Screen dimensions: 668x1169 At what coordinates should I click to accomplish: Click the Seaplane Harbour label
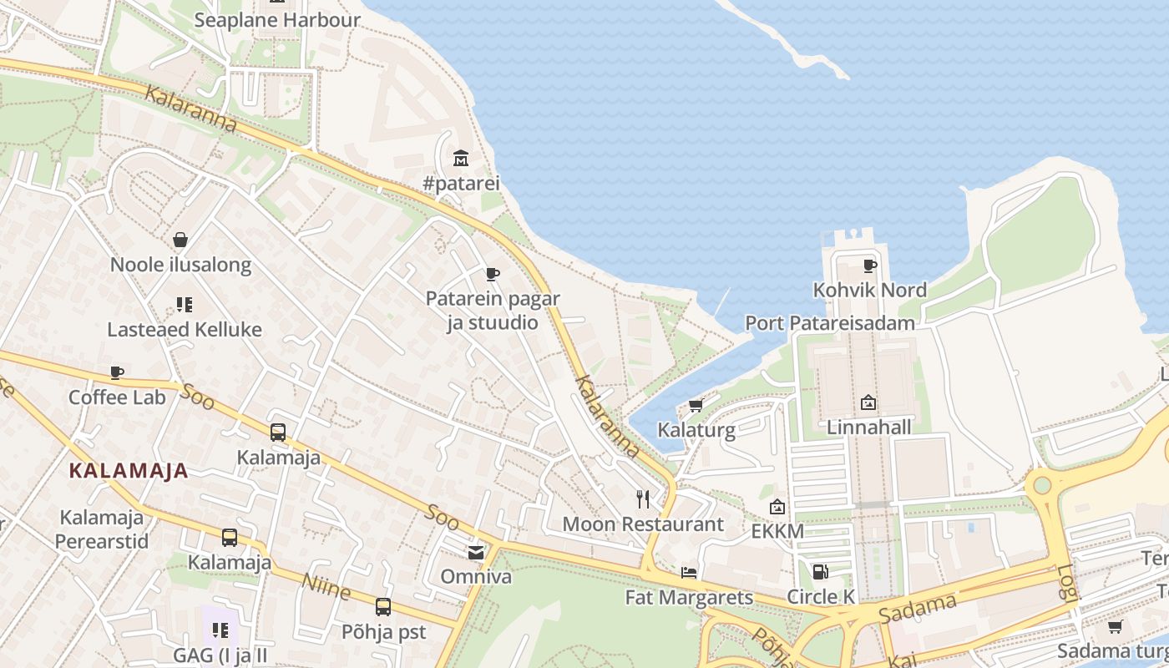pos(277,20)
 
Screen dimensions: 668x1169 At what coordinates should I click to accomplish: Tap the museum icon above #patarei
pos(460,158)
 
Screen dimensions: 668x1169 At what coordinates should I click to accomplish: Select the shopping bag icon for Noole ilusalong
pos(180,240)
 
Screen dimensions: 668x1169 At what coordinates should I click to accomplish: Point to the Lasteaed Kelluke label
pos(185,330)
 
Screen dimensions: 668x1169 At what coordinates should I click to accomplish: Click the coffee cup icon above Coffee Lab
pos(117,372)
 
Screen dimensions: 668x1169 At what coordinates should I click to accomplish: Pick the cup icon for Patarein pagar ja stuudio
pos(493,274)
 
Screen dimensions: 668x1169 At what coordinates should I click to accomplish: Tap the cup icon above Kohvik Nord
pos(870,266)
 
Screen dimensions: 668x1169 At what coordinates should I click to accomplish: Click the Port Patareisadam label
pos(829,323)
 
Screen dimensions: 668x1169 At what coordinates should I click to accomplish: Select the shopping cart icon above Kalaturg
pos(696,406)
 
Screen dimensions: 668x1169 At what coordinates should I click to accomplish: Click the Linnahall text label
pos(868,428)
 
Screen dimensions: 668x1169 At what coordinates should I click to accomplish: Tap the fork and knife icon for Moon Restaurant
pos(643,499)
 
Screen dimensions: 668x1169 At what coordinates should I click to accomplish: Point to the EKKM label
pos(777,532)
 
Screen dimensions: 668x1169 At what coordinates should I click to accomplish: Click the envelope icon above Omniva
pos(476,552)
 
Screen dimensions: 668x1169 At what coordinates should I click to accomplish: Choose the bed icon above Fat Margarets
pos(689,573)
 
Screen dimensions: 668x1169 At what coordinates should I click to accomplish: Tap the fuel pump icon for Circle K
pos(821,572)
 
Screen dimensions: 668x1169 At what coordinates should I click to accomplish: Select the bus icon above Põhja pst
pos(383,607)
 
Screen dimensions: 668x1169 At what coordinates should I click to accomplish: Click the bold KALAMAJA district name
pos(129,471)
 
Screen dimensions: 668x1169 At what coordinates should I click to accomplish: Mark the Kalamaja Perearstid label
pos(102,529)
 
